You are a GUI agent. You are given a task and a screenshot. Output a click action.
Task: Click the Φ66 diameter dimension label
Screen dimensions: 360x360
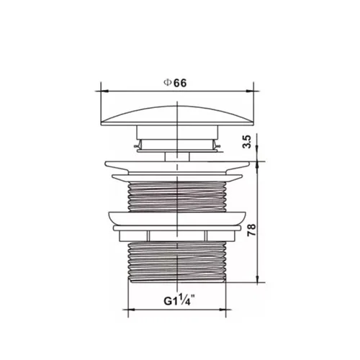pyautogui.click(x=175, y=83)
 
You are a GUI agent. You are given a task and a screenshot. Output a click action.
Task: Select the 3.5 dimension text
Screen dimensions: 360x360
pyautogui.click(x=247, y=142)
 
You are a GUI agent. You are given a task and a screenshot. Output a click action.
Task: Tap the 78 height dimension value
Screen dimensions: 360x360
pyautogui.click(x=252, y=230)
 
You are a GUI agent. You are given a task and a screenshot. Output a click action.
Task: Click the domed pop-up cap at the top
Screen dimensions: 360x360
pyautogui.click(x=177, y=116)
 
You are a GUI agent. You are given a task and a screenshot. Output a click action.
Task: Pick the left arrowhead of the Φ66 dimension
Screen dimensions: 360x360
pyautogui.click(x=104, y=91)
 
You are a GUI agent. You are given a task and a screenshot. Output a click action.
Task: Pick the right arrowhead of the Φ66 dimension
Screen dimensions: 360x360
pyautogui.click(x=250, y=91)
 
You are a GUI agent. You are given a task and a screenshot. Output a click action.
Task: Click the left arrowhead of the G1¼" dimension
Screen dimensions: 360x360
pyautogui.click(x=132, y=310)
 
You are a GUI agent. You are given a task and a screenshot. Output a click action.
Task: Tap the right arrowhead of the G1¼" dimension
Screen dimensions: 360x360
pyautogui.click(x=222, y=310)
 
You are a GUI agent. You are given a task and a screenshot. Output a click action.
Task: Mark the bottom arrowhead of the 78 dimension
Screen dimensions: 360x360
pyautogui.click(x=257, y=279)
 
